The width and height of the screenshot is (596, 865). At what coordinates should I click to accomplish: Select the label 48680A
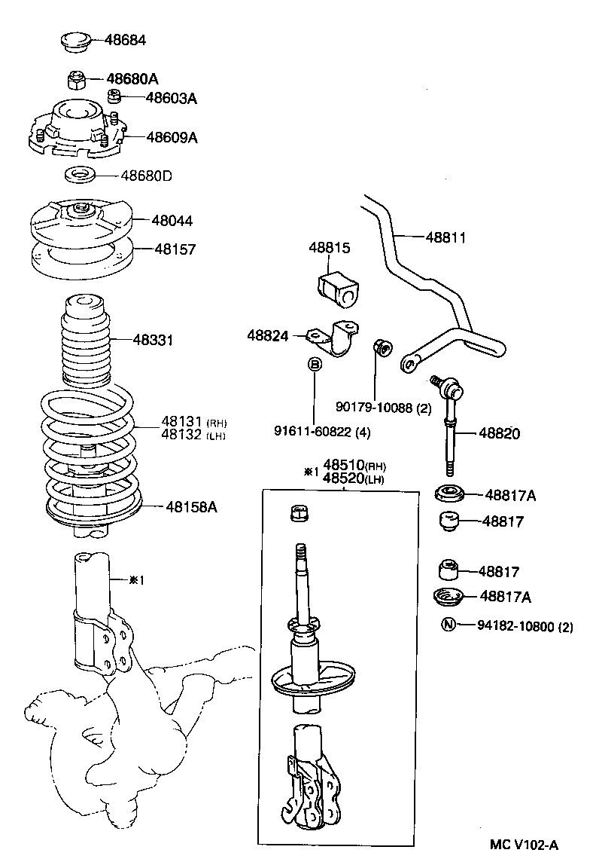click(x=132, y=78)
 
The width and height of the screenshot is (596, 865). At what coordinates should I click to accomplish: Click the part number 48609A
click(x=172, y=137)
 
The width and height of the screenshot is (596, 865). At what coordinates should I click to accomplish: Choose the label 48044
click(x=172, y=221)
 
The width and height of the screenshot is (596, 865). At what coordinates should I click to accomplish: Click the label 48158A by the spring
click(x=191, y=506)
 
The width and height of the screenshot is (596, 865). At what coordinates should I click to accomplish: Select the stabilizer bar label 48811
click(x=445, y=237)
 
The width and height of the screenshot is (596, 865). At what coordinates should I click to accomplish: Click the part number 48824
click(x=267, y=335)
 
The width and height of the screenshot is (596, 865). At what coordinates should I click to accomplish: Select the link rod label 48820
click(x=499, y=433)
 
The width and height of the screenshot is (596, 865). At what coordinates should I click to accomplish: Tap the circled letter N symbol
click(x=447, y=625)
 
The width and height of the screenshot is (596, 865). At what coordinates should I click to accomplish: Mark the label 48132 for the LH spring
click(x=182, y=436)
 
